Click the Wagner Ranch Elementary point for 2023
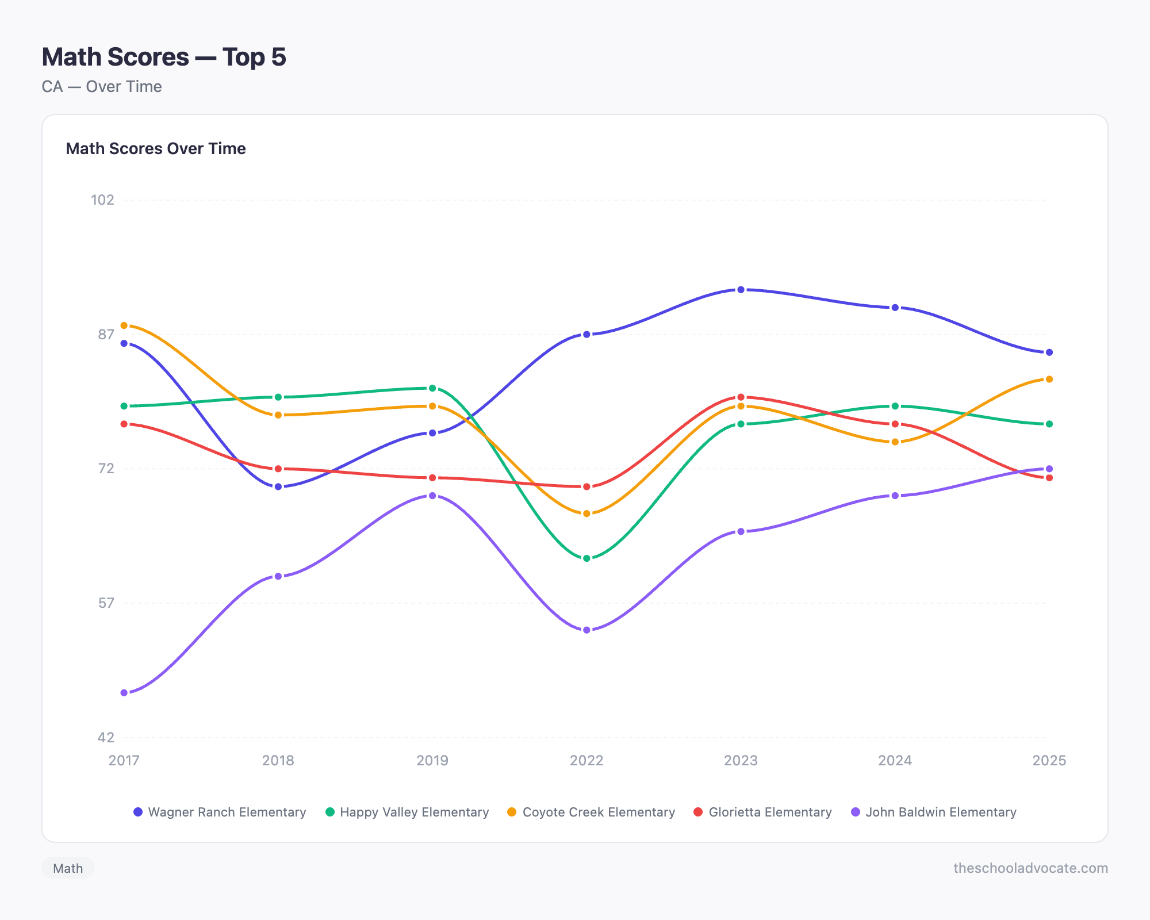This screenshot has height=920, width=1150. click(741, 290)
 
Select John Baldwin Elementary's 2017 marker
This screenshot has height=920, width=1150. click(124, 693)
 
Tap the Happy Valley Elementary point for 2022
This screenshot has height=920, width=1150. click(586, 558)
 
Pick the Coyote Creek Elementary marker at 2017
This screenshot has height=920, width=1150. click(124, 325)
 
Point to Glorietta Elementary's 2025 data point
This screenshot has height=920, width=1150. click(1049, 478)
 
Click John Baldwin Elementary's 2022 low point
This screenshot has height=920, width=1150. click(586, 630)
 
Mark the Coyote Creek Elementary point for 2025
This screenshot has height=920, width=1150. click(1049, 379)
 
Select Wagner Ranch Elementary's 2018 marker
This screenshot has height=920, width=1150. click(278, 487)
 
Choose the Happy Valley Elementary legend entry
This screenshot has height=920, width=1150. click(407, 812)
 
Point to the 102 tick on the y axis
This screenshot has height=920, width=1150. click(102, 200)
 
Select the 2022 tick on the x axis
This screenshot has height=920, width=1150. click(586, 761)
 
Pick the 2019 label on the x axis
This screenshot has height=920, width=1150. click(432, 761)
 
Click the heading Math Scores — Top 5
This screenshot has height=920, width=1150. click(164, 57)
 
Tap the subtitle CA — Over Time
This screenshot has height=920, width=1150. click(102, 87)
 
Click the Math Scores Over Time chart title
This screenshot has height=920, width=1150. click(156, 148)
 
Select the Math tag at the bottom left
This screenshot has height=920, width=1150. click(68, 868)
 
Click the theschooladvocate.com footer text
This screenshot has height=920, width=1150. click(1030, 868)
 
